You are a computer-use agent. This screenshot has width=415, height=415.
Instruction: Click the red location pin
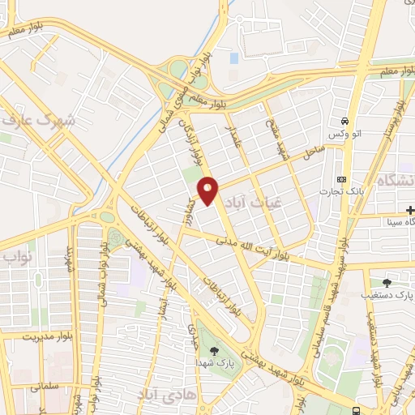(x=209, y=190)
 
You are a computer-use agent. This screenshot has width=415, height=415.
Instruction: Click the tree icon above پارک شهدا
(x=214, y=350)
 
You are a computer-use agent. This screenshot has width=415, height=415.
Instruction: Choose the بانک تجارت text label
(x=344, y=191)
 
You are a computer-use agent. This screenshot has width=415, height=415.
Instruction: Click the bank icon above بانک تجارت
(x=341, y=179)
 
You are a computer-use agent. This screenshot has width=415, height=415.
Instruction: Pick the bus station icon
(x=357, y=410)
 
